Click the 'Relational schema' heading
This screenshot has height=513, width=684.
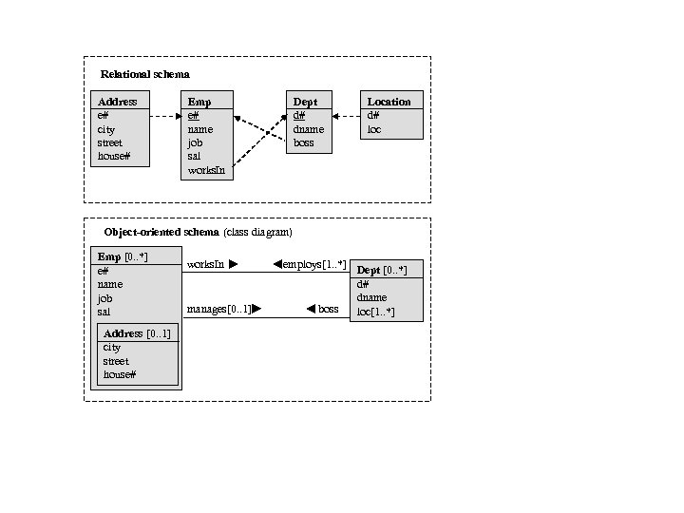click(x=144, y=74)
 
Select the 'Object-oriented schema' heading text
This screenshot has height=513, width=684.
click(x=161, y=232)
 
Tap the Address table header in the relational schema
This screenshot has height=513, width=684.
click(x=118, y=102)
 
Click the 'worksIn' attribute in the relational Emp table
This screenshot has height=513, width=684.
click(x=206, y=170)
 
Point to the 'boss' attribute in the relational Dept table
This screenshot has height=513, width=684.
click(x=303, y=142)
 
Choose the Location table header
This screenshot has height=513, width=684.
click(x=389, y=102)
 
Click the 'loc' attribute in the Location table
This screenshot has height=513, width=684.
click(x=374, y=129)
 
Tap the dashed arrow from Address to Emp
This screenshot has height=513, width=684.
click(x=164, y=116)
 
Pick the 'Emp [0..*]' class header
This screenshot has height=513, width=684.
click(x=123, y=256)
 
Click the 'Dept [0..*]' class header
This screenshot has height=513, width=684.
click(x=382, y=271)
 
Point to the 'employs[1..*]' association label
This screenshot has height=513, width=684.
click(x=314, y=264)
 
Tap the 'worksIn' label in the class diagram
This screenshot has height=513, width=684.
click(x=205, y=264)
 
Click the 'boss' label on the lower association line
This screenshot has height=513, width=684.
click(x=328, y=309)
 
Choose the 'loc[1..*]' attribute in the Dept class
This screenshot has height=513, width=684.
click(x=375, y=312)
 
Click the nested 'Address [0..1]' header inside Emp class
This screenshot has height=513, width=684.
click(x=137, y=333)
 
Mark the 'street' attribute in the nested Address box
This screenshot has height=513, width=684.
click(x=116, y=361)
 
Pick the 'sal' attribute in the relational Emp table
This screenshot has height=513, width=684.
click(x=195, y=156)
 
